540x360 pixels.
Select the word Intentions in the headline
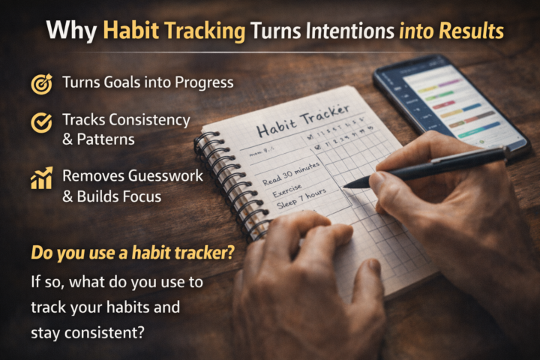[x=346, y=31]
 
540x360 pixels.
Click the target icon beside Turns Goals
[x=40, y=83]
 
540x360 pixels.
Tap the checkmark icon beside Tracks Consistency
[x=40, y=121]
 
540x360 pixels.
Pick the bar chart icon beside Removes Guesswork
[x=40, y=178]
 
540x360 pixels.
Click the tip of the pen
[x=347, y=184]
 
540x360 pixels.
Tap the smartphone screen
[x=450, y=100]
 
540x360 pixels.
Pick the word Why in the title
[x=71, y=31]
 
